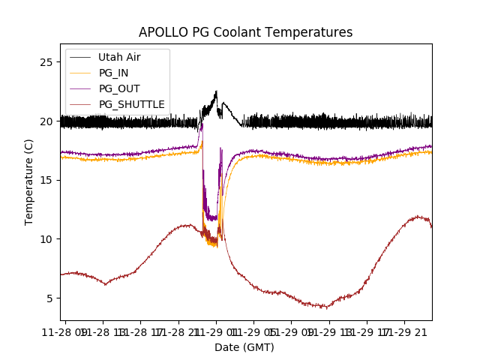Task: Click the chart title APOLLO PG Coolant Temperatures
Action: tap(245, 32)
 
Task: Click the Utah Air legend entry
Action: tap(118, 57)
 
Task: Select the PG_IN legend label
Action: tap(114, 73)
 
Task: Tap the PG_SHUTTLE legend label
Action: tap(131, 104)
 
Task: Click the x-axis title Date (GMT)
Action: tap(244, 347)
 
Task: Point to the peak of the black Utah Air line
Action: tap(216, 91)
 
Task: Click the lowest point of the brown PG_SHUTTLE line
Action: tap(324, 307)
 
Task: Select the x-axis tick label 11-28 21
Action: tap(179, 331)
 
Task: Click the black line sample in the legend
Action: tap(80, 57)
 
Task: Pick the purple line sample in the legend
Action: tap(80, 88)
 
